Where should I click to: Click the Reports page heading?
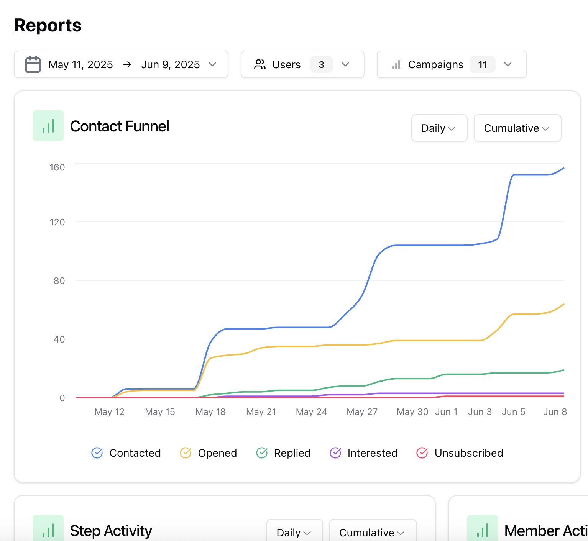click(48, 25)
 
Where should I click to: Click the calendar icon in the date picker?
click(33, 64)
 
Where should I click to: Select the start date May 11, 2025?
click(80, 64)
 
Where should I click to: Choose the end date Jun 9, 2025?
click(170, 64)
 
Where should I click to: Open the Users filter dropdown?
click(302, 64)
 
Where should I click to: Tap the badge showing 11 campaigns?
click(482, 64)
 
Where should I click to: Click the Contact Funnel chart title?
click(119, 126)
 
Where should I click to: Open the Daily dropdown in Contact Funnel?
click(439, 128)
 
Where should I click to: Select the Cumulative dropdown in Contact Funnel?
click(517, 128)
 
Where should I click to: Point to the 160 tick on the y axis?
click(57, 167)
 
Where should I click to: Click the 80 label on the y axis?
click(59, 281)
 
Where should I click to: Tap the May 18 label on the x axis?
click(210, 412)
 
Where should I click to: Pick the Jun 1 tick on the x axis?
click(446, 412)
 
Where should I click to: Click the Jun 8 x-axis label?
click(555, 412)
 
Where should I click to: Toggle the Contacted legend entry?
click(126, 453)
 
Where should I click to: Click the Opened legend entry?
click(209, 453)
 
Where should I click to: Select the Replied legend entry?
click(283, 453)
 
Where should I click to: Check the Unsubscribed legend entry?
click(460, 453)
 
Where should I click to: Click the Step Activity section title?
click(111, 531)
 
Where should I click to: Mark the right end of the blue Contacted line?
click(563, 168)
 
